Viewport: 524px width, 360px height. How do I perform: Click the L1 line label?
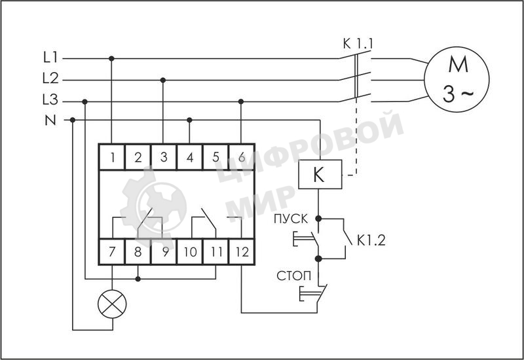(x=50, y=58)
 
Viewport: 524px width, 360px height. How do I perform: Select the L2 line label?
(x=50, y=79)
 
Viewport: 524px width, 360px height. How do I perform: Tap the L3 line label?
(x=50, y=101)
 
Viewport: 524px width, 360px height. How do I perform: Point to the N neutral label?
(x=50, y=120)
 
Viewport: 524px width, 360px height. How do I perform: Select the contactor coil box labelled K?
(x=319, y=175)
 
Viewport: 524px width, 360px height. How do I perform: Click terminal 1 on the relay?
(x=113, y=157)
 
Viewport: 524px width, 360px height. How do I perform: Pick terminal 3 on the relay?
(x=164, y=157)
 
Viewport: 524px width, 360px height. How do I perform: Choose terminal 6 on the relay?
(x=241, y=157)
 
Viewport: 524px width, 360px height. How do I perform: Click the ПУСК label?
(x=291, y=218)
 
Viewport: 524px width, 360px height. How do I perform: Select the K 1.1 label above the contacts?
(x=358, y=45)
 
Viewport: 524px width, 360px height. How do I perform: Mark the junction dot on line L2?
(x=163, y=80)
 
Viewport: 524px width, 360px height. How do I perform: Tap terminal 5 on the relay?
(x=215, y=157)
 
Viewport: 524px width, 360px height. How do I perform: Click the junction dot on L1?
(x=112, y=58)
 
